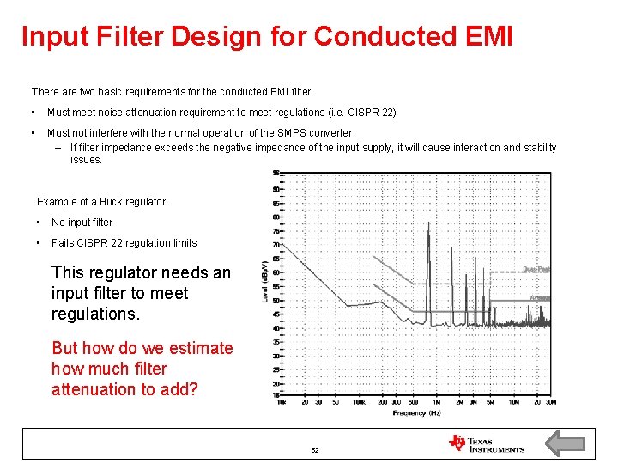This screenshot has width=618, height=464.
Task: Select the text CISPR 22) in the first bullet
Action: (373, 113)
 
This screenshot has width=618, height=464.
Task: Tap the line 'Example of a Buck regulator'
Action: (101, 202)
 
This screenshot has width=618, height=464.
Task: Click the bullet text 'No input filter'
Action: (82, 223)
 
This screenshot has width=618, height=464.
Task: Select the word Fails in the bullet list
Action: (64, 243)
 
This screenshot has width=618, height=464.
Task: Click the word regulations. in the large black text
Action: (95, 314)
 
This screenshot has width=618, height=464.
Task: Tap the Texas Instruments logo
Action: (486, 443)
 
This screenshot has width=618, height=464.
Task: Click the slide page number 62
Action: (315, 450)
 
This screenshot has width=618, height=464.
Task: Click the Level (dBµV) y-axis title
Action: (265, 282)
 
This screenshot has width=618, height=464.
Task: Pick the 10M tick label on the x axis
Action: (513, 402)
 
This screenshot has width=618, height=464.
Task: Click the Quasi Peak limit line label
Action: (536, 269)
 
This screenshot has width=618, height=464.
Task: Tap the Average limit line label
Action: (539, 297)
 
